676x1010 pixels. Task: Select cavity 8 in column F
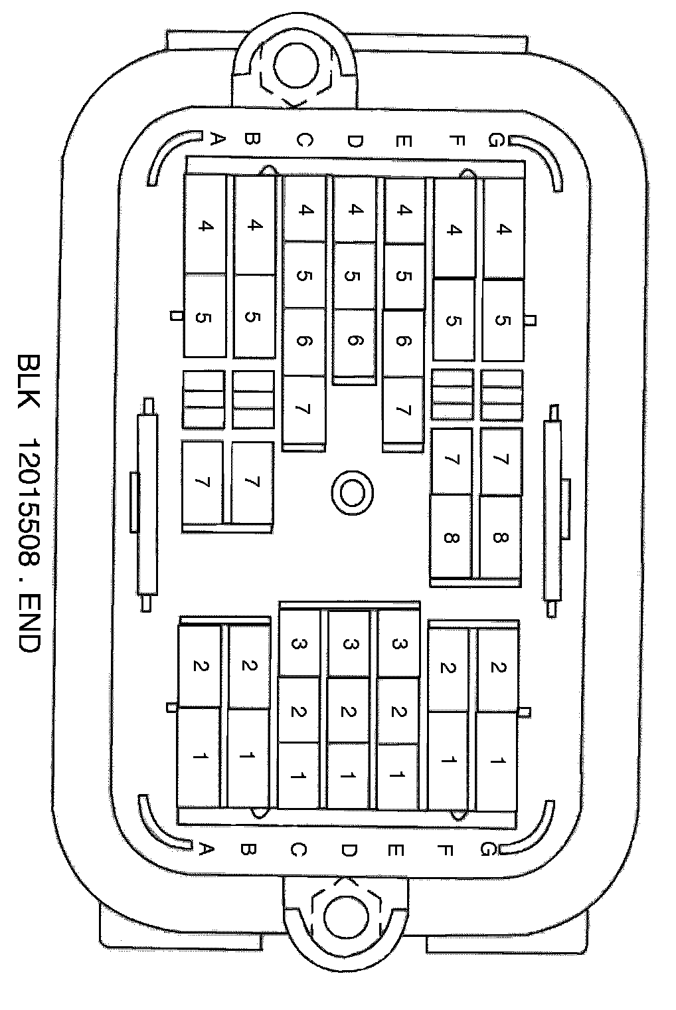451,537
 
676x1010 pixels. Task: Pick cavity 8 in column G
500,537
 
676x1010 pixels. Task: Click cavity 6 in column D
354,342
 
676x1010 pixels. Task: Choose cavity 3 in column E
398,643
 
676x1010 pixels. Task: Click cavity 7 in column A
203,482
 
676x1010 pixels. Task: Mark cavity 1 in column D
348,775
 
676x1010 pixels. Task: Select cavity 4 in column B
254,226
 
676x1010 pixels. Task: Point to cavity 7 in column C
303,409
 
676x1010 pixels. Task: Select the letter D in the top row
354,140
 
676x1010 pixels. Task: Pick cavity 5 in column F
453,320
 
